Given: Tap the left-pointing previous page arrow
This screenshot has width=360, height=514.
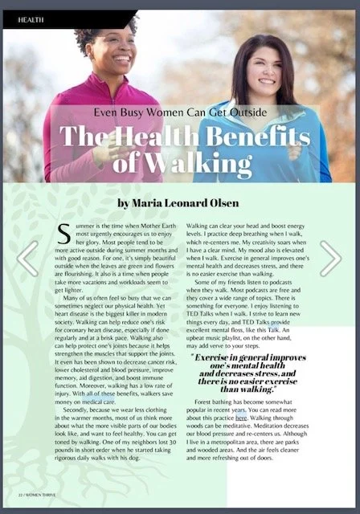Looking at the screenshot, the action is pyautogui.click(x=28, y=258).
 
